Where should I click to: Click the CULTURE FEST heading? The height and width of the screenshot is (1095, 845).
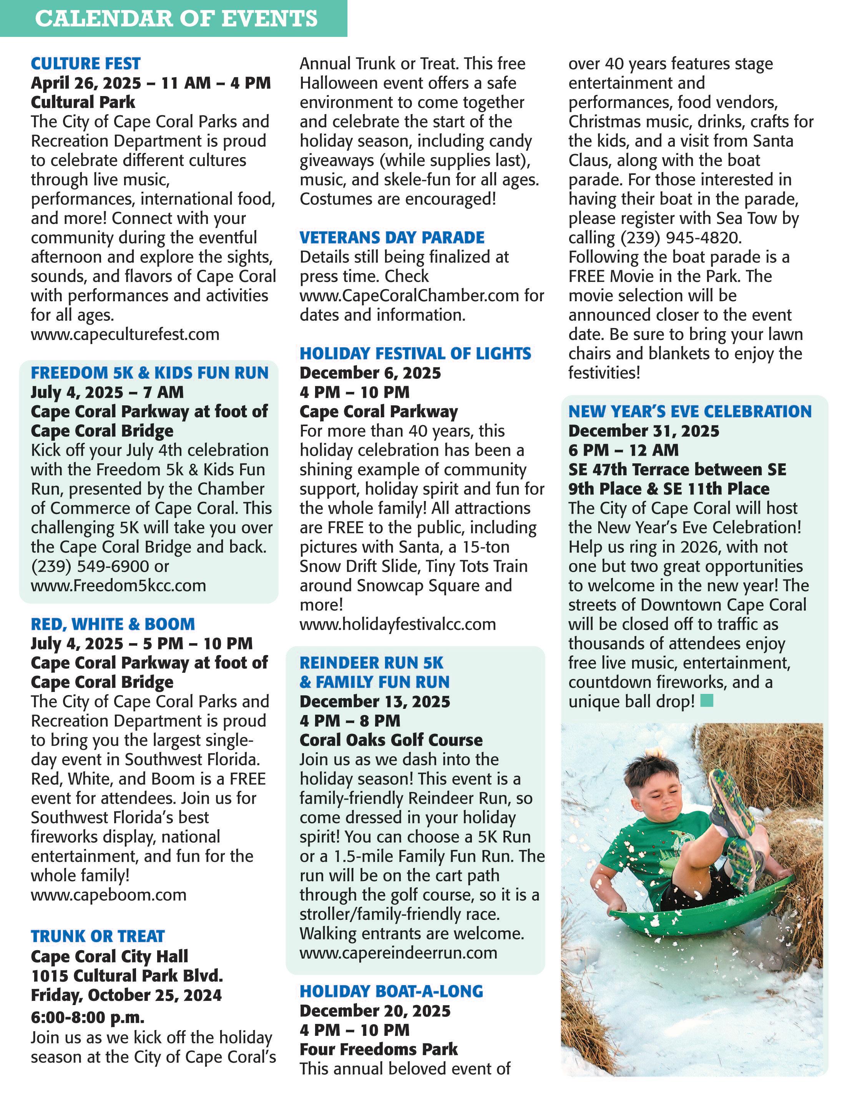coord(86,64)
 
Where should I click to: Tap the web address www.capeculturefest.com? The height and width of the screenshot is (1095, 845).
coord(125,334)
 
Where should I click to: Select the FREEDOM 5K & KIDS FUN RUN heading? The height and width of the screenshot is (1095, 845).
coord(149,373)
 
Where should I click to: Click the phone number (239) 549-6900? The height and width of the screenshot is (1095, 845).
coord(90,567)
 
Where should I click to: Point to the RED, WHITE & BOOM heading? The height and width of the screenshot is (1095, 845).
coord(113,624)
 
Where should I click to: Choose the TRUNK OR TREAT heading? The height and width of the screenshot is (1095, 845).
coord(98,937)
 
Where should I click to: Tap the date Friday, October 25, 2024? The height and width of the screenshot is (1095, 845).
coord(126,995)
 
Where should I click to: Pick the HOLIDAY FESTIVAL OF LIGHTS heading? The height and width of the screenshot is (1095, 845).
coord(415,354)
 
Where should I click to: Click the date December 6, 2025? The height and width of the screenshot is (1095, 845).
coord(370,373)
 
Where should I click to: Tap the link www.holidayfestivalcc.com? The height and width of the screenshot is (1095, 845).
coord(398,625)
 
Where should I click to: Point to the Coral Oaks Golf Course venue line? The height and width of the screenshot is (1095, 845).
coord(391,740)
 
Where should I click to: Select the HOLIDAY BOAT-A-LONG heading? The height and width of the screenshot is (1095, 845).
coord(391,992)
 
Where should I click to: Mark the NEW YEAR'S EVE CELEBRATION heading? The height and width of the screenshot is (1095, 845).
coord(689,411)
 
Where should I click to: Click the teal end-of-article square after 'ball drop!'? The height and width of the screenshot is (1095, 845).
coord(707,700)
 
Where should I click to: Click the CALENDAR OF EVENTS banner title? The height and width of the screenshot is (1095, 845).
coord(176,18)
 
